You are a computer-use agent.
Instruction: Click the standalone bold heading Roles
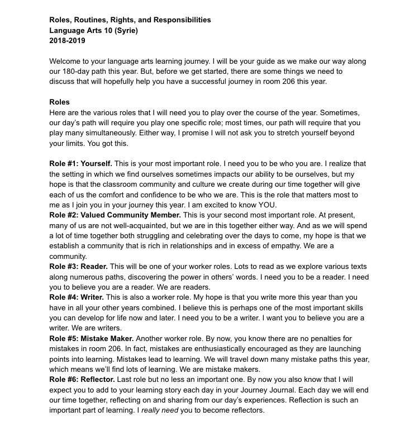click(x=60, y=102)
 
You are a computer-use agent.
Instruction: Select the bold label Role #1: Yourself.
click(x=81, y=164)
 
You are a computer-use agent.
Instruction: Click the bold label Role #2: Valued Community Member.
click(x=115, y=215)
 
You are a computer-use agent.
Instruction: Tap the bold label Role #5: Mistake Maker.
click(x=92, y=338)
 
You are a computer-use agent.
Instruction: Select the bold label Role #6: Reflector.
click(x=82, y=379)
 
